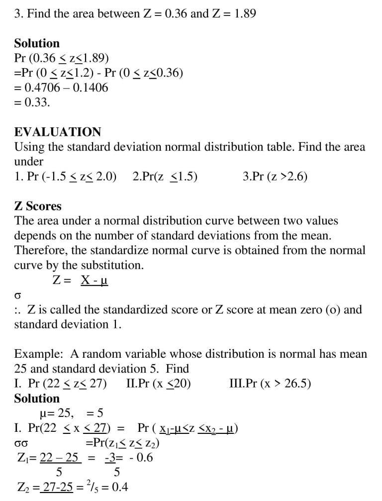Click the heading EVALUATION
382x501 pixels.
pyautogui.click(x=57, y=132)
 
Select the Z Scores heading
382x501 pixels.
pyautogui.click(x=38, y=206)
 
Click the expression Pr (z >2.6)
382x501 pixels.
pyautogui.click(x=275, y=177)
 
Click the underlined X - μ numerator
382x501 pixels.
pyautogui.click(x=94, y=281)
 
